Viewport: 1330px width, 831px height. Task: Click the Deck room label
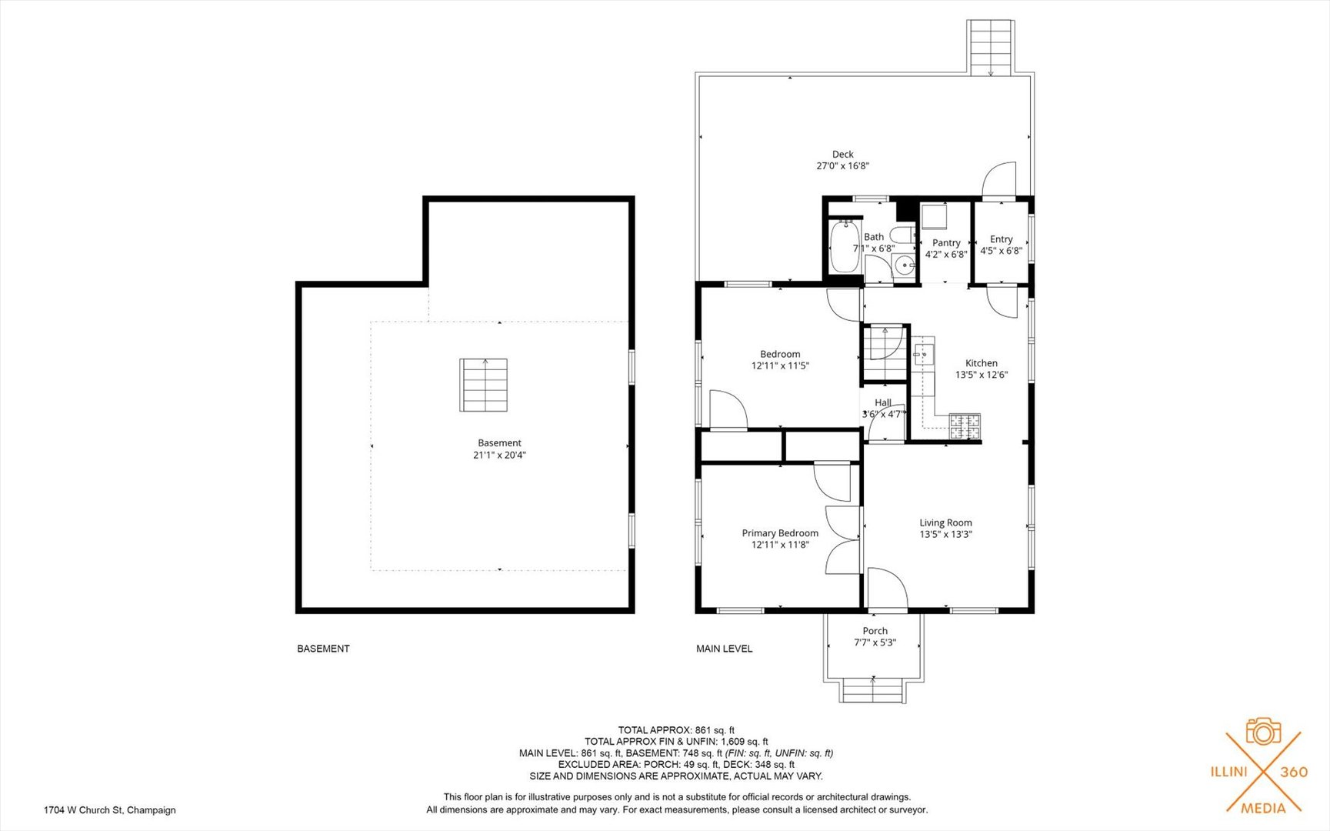pyautogui.click(x=843, y=154)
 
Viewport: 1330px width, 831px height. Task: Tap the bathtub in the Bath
pyautogui.click(x=845, y=246)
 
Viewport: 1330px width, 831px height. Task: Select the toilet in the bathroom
pyautogui.click(x=902, y=235)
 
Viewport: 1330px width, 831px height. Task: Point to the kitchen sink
pyautogui.click(x=923, y=354)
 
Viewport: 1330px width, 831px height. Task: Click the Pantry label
pyautogui.click(x=946, y=242)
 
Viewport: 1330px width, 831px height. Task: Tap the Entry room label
pyautogui.click(x=1002, y=239)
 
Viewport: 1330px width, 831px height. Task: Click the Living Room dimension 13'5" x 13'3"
pyautogui.click(x=946, y=534)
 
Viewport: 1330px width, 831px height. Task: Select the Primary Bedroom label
pyautogui.click(x=780, y=532)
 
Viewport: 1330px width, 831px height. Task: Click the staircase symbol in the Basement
pyautogui.click(x=484, y=385)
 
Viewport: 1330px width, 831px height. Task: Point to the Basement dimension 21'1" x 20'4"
pyautogui.click(x=500, y=455)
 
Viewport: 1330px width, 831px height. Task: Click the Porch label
pyautogui.click(x=875, y=631)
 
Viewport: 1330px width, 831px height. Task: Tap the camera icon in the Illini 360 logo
pyautogui.click(x=1263, y=731)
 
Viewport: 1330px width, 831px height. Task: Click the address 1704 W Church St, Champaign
pyautogui.click(x=110, y=809)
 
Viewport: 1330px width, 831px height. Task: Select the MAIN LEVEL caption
pyautogui.click(x=725, y=649)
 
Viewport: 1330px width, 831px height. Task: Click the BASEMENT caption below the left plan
pyautogui.click(x=323, y=649)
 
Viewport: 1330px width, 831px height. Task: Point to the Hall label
pyautogui.click(x=883, y=402)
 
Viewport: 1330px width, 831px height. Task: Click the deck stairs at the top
pyautogui.click(x=991, y=47)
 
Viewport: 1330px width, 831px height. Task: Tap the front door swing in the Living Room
pyautogui.click(x=888, y=589)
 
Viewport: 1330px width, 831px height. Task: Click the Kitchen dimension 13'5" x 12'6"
pyautogui.click(x=982, y=375)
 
